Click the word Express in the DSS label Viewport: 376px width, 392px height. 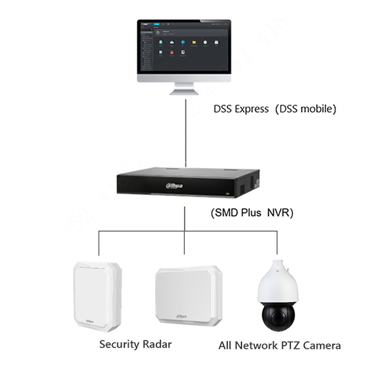tap(251, 109)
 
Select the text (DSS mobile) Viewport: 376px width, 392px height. tap(306, 109)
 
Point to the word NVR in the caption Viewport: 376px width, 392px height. tap(281, 213)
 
